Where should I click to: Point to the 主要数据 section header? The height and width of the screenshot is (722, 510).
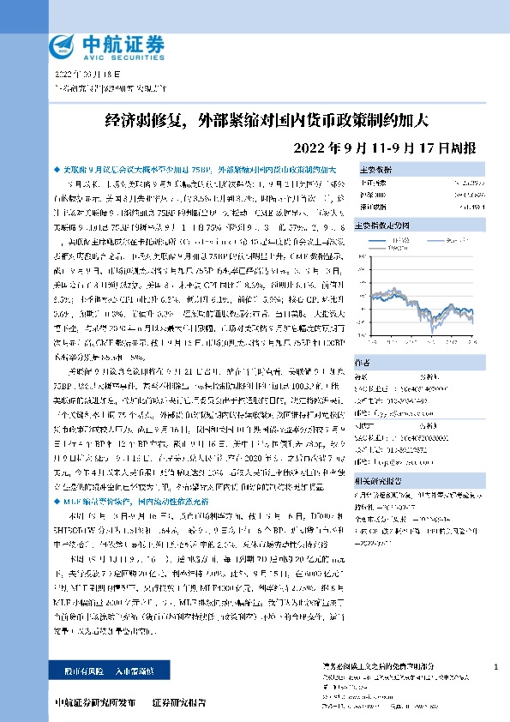pyautogui.click(x=375, y=170)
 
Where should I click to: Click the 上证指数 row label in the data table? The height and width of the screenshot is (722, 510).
pyautogui.click(x=371, y=183)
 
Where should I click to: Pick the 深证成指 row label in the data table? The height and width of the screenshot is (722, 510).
pyautogui.click(x=371, y=207)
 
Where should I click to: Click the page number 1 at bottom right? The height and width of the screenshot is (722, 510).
pyautogui.click(x=496, y=666)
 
